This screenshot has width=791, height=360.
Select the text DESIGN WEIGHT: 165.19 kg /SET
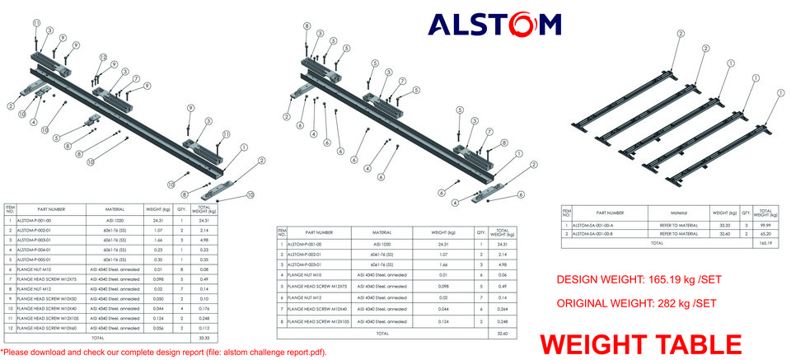pyautogui.click(x=639, y=280)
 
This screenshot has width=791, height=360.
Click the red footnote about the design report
pyautogui.click(x=164, y=353)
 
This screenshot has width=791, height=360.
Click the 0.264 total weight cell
pyautogui.click(x=503, y=309)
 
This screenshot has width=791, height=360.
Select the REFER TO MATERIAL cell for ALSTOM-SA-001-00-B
pyautogui.click(x=678, y=235)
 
